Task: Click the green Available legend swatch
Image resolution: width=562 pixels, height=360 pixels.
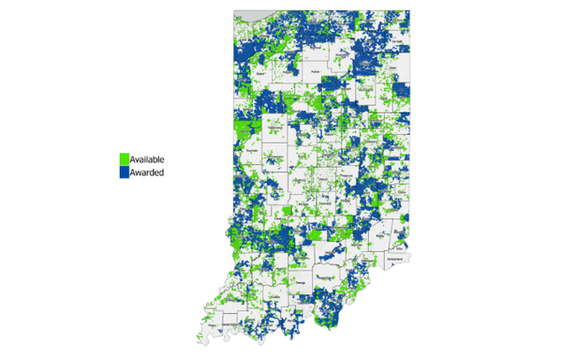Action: click(123, 159)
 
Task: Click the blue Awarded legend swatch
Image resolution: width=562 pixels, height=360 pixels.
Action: click(123, 172)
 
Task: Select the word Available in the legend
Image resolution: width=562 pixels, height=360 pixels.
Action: click(148, 159)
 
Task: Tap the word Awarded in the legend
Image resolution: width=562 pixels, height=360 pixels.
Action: click(147, 172)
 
